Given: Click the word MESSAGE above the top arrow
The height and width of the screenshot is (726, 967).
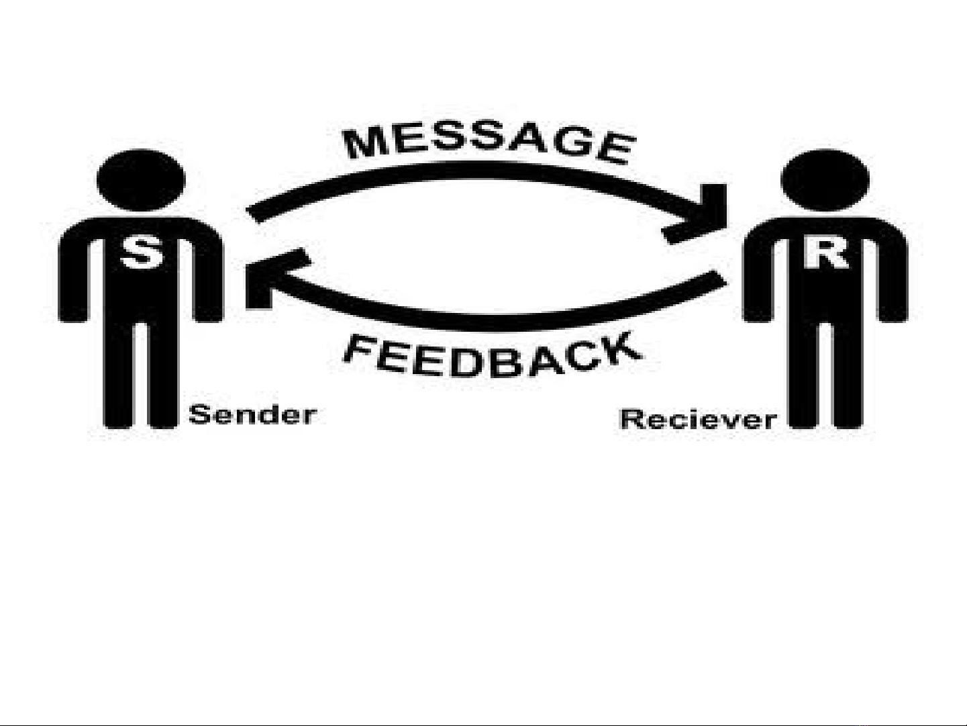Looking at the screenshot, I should coord(488,143).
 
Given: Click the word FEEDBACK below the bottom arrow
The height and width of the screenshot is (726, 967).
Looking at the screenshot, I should coord(490,356).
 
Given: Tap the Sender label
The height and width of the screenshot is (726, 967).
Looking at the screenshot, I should coord(252,414).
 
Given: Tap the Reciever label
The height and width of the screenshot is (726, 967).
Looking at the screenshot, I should coord(698,419).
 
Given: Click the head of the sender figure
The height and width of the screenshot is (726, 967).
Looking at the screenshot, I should coord(141,178).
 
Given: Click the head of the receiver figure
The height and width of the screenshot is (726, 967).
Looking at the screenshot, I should coord(825,180).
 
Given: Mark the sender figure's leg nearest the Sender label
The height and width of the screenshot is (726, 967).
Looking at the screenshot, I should coord(162,376).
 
